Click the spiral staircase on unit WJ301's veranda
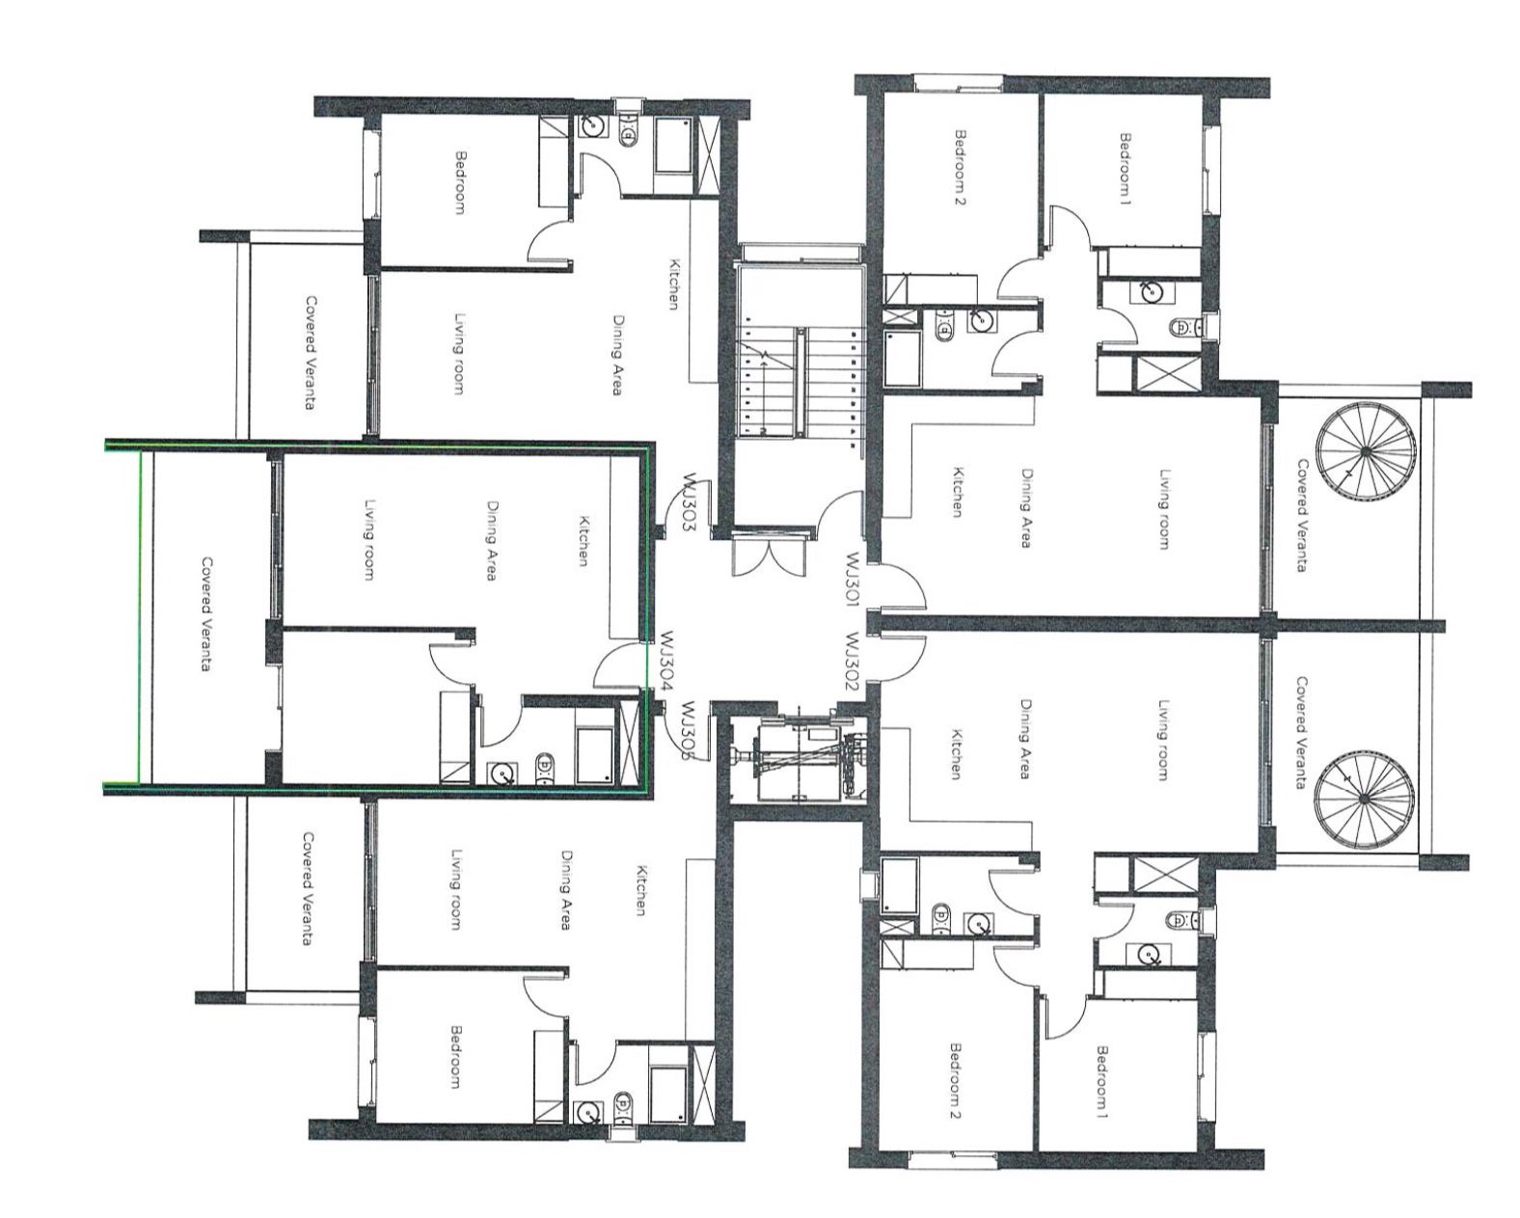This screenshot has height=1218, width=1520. tap(1366, 450)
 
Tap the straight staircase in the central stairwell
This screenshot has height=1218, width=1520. tap(799, 382)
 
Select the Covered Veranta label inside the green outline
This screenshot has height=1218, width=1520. tap(207, 613)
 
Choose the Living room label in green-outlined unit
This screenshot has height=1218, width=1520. tap(367, 540)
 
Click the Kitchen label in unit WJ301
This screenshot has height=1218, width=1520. tap(958, 491)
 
